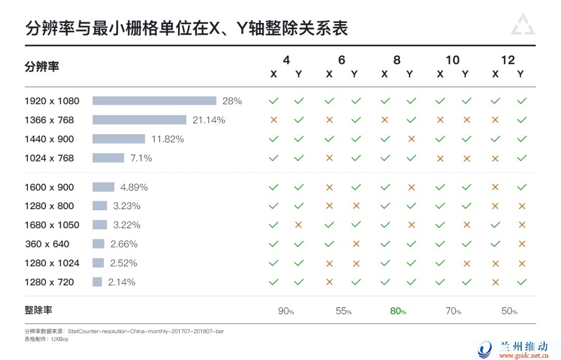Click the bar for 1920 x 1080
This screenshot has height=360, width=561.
(x=154, y=101)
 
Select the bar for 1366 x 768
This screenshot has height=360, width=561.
(x=139, y=120)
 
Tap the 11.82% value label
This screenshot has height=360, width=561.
(x=168, y=139)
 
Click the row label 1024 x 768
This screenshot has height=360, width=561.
(x=49, y=158)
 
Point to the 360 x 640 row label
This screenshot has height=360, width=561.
(x=47, y=244)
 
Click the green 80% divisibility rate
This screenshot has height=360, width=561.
(x=398, y=311)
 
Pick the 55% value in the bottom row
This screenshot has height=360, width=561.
(x=342, y=311)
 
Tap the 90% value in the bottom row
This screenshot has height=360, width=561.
(x=286, y=311)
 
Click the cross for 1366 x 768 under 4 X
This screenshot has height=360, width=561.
(x=274, y=120)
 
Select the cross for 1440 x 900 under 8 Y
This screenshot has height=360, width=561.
(x=411, y=139)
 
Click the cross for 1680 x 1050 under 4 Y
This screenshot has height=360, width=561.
(x=298, y=225)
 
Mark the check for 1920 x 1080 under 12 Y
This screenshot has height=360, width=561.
(x=522, y=101)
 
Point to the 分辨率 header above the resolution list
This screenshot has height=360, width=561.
(x=42, y=67)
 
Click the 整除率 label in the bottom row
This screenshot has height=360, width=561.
(x=39, y=310)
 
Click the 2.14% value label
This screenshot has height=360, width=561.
(x=122, y=282)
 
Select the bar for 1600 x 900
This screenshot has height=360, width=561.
(x=103, y=187)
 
